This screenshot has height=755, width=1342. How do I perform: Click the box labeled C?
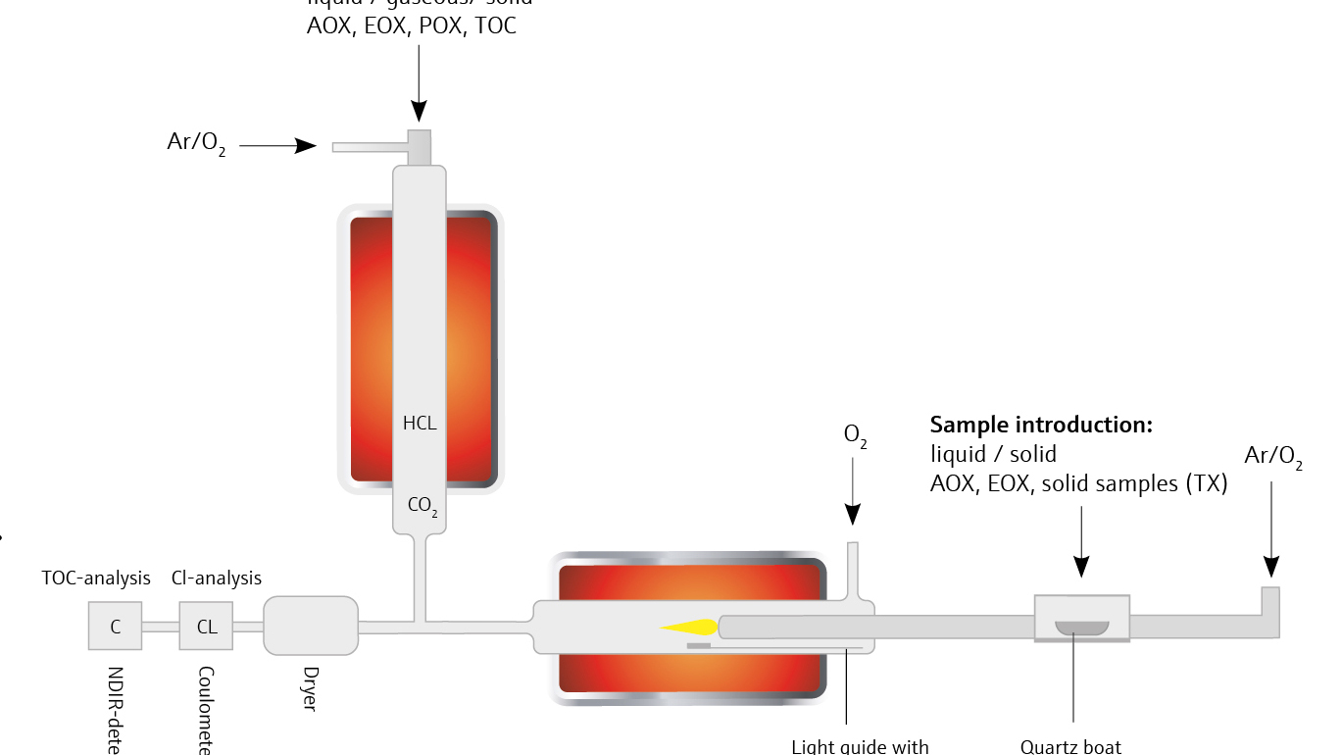[x=116, y=626]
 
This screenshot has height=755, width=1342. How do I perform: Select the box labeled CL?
[x=206, y=626]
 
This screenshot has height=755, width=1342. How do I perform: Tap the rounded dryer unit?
[x=310, y=626]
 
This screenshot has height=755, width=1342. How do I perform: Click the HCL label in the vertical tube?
[x=420, y=424]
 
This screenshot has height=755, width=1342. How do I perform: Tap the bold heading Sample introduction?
[x=1041, y=425]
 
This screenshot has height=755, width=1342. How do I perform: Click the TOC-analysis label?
[x=96, y=579]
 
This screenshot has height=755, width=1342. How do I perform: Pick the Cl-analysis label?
[x=217, y=579]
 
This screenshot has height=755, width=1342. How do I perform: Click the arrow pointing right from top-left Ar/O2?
[x=277, y=146]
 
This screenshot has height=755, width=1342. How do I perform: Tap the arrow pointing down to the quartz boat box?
[x=1081, y=540]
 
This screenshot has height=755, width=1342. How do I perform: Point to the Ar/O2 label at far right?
[x=1273, y=456]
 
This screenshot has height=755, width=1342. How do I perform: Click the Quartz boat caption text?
[x=1070, y=747]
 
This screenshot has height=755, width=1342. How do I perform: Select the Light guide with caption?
[x=861, y=747]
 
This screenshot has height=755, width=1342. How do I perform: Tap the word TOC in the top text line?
[x=496, y=26]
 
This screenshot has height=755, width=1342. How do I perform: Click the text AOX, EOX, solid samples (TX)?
[x=1078, y=483]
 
